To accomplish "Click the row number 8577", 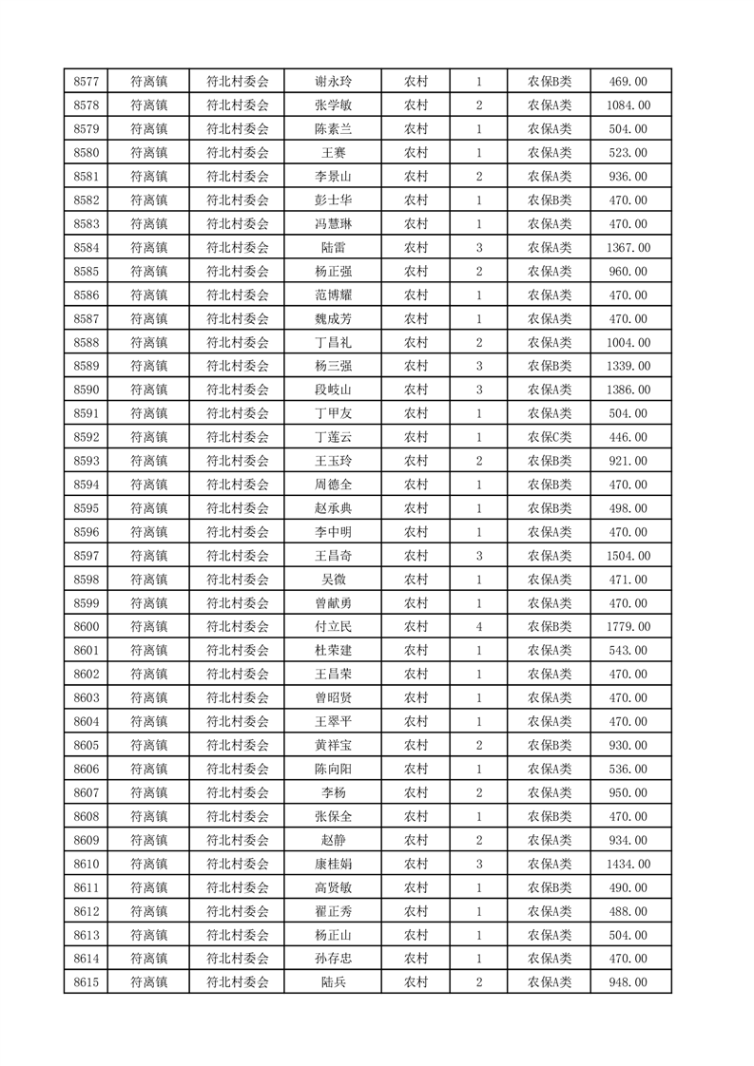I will coord(87,82).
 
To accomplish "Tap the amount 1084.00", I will coord(630,105).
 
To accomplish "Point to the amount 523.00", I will coord(630,153).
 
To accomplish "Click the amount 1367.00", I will coord(630,248).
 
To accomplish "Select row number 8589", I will coord(87,366).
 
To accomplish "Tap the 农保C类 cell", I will coord(549,437).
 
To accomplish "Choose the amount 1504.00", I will coord(630,556).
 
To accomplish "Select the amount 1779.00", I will coord(630,627).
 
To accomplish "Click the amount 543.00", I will coord(630,651).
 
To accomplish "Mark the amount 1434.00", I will coord(630,864).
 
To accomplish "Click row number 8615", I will coord(87,982).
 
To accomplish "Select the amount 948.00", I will coord(630,982).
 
